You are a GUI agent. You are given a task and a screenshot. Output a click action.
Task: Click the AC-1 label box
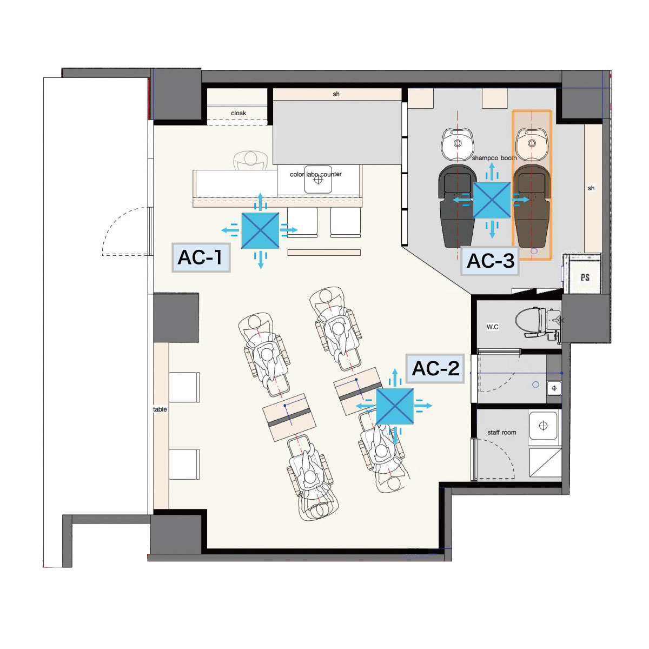pyautogui.click(x=201, y=257)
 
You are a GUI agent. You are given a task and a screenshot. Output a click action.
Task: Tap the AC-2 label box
pyautogui.click(x=435, y=368)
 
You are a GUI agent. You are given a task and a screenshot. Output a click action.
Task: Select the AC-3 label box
pyautogui.click(x=490, y=261)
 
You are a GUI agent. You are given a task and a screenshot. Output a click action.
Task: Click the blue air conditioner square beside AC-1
pyautogui.click(x=260, y=230)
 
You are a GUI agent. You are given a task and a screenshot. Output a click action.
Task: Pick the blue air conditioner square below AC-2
pyautogui.click(x=395, y=406)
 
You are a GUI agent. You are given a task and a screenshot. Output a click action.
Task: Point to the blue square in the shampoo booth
pyautogui.click(x=492, y=200)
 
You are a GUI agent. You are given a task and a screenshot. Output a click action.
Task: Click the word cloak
pyautogui.click(x=239, y=113)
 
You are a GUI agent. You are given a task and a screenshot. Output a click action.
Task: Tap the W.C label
pyautogui.click(x=492, y=327)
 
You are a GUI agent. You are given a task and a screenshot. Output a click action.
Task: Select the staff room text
pyautogui.click(x=501, y=433)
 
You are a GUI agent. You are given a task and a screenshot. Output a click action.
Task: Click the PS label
pyautogui.click(x=585, y=277)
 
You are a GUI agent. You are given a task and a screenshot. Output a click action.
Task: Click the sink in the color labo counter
pyautogui.click(x=318, y=180)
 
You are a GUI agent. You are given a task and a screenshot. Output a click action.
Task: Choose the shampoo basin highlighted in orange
pyautogui.click(x=532, y=144)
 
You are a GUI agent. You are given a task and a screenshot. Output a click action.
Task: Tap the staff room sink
pyautogui.click(x=543, y=426)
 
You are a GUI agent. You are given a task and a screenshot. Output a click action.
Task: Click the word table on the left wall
pyautogui.click(x=160, y=409)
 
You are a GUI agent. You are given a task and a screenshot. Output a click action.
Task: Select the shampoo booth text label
pyautogui.click(x=494, y=158)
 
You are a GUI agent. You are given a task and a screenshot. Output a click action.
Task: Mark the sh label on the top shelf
pyautogui.click(x=336, y=94)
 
